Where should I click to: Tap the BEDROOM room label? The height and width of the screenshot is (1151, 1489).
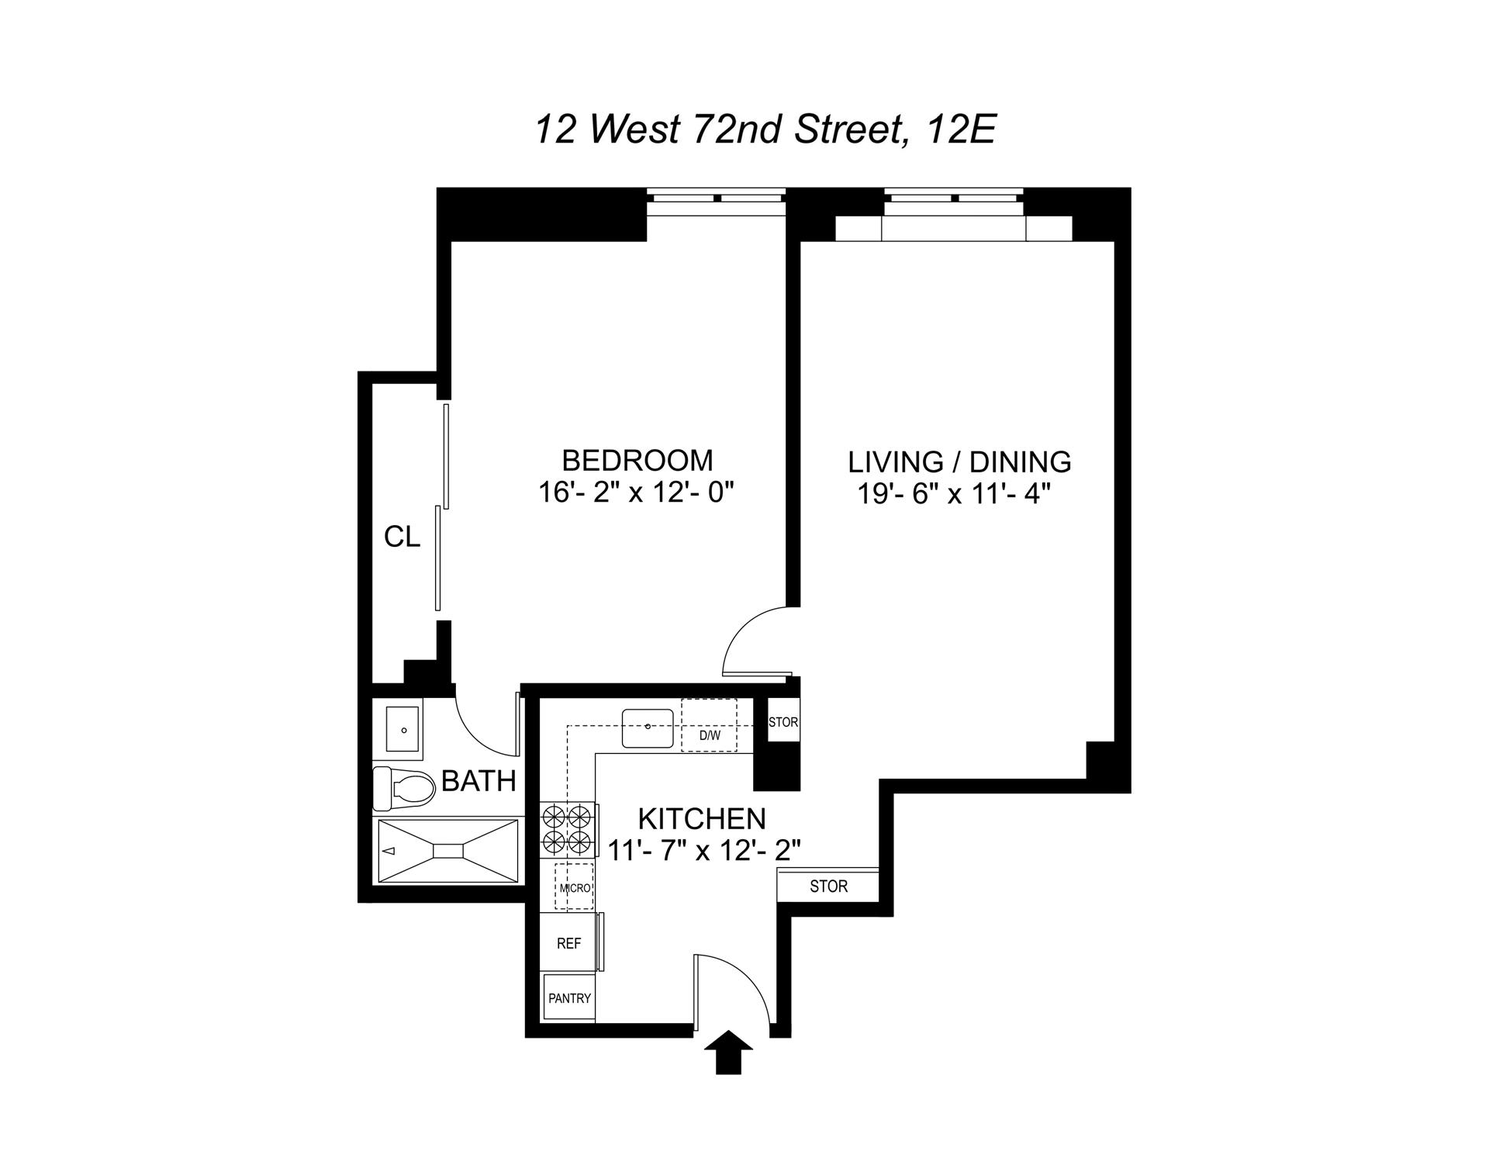(x=637, y=461)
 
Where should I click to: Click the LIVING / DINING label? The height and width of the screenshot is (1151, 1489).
(x=959, y=462)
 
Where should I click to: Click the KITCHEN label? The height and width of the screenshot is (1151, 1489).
(x=702, y=819)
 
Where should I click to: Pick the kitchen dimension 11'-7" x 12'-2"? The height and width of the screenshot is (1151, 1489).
(x=703, y=852)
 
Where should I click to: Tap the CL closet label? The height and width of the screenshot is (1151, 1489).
(x=402, y=537)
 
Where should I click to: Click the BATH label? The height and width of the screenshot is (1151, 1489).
(x=478, y=781)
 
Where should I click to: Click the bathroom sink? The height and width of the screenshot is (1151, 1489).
(x=402, y=729)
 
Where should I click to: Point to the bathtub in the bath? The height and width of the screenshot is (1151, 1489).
(x=447, y=851)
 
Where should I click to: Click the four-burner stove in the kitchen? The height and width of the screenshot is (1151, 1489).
(x=568, y=829)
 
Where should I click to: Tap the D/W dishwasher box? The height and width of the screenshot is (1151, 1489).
(x=709, y=726)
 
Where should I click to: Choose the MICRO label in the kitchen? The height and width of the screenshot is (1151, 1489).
(x=575, y=888)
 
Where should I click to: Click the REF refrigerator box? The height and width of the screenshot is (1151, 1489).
(x=568, y=943)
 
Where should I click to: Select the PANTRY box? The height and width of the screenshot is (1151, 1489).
(x=569, y=998)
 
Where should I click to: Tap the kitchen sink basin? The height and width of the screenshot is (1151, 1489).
(x=648, y=728)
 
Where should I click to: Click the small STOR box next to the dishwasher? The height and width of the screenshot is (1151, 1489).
(x=783, y=722)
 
